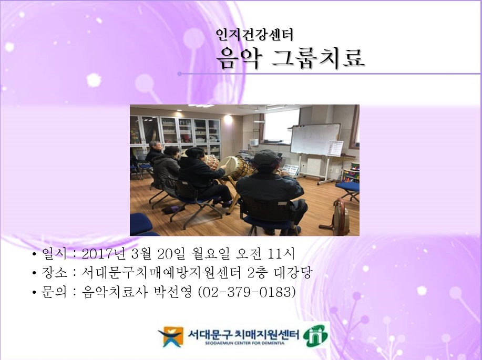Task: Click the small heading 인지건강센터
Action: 254,35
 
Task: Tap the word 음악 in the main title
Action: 239,58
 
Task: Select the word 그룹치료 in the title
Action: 319,58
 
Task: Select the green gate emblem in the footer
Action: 315,336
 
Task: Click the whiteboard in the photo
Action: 315,139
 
